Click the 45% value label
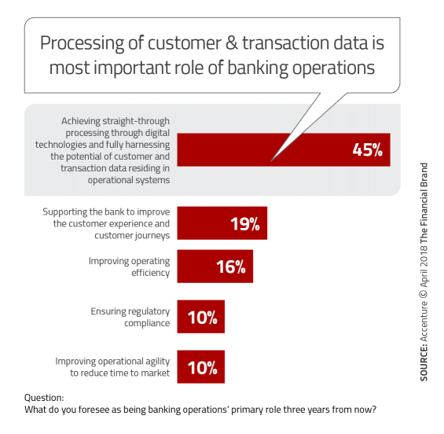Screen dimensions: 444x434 click(367, 149)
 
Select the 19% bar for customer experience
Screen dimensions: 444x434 click(222, 223)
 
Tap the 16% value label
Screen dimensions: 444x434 click(231, 267)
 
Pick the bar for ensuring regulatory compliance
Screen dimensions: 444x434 click(200, 316)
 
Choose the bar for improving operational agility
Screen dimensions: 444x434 click(200, 366)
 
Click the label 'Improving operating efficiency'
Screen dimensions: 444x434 click(129, 267)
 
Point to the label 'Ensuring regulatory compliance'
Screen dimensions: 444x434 click(130, 317)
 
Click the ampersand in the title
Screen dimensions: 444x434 click(232, 42)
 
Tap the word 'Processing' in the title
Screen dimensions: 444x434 click(82, 43)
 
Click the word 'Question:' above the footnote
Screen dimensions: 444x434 click(44, 398)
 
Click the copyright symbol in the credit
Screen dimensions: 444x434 click(424, 293)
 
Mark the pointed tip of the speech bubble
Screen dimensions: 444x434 click(271, 161)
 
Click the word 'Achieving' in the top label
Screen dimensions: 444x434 click(81, 121)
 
